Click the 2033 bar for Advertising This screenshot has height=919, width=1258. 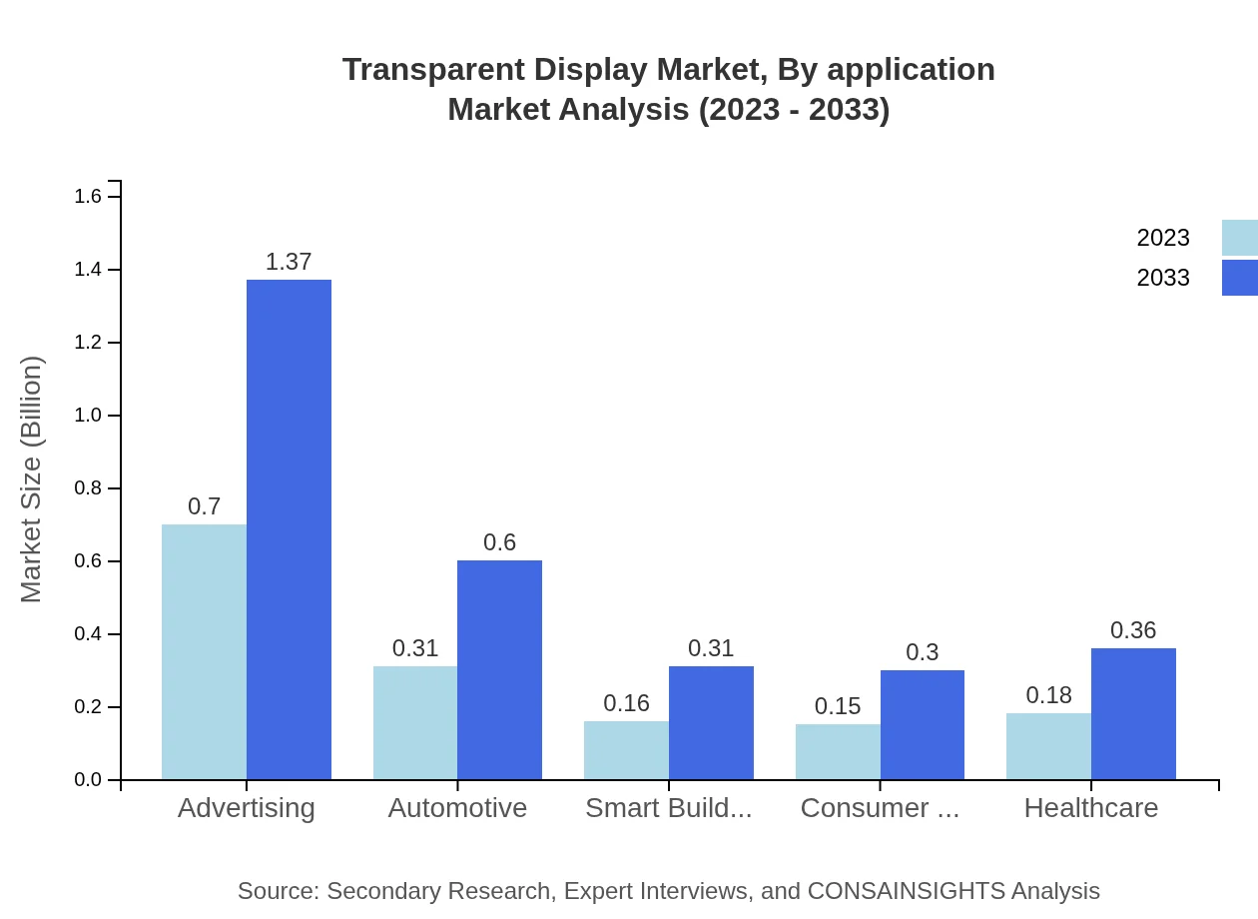(x=289, y=529)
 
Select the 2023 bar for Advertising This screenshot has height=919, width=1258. (x=204, y=652)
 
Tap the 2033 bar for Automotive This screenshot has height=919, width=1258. (x=499, y=670)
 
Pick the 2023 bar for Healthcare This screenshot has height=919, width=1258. (x=1048, y=746)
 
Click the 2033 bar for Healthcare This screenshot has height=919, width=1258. (x=1133, y=714)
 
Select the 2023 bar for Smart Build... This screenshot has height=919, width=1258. (x=626, y=750)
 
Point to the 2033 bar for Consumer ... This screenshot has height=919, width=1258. (x=923, y=725)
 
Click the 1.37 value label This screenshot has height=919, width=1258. (x=289, y=262)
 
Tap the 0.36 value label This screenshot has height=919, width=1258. (x=1133, y=630)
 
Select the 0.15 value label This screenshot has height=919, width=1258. (x=838, y=706)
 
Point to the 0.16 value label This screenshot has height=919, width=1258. (x=626, y=703)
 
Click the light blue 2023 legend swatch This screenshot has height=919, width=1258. (x=1239, y=238)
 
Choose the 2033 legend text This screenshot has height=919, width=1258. (x=1163, y=278)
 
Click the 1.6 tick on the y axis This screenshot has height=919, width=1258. (x=89, y=197)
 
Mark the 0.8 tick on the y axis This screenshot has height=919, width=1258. (x=89, y=488)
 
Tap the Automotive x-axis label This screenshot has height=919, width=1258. (x=457, y=808)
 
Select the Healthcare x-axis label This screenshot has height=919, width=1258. (x=1091, y=808)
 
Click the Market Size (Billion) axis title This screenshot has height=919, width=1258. (x=32, y=479)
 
